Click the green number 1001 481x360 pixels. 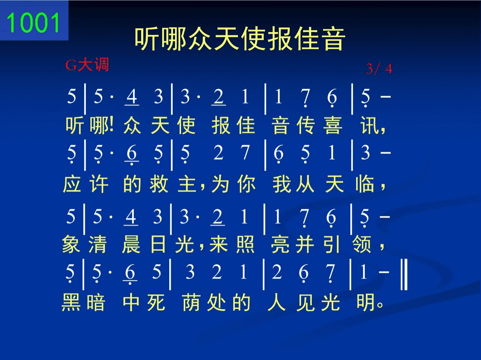[33, 22]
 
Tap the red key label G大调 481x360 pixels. [87, 65]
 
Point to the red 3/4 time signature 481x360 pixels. [379, 69]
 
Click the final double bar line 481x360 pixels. [404, 274]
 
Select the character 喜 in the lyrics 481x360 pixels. [333, 125]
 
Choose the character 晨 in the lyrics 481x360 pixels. [131, 244]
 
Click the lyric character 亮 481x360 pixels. [280, 244]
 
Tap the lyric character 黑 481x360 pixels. [71, 302]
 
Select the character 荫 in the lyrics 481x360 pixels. [191, 302]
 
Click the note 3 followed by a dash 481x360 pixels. [365, 152]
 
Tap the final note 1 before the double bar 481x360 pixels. [363, 272]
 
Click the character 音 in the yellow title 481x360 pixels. [332, 39]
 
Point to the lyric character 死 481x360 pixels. [156, 302]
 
